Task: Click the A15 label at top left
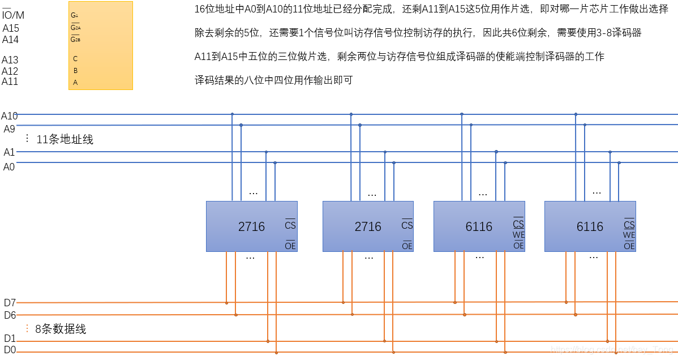click(11, 28)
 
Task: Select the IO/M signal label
click(13, 15)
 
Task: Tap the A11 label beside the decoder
click(10, 82)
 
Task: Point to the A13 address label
click(10, 60)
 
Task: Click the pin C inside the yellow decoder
click(75, 59)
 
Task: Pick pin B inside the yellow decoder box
click(75, 71)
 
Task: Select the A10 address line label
click(10, 116)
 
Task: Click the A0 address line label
click(9, 167)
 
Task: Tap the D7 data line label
click(10, 303)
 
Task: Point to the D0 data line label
click(10, 350)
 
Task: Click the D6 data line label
click(10, 315)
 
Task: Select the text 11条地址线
click(65, 139)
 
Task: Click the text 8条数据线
click(61, 329)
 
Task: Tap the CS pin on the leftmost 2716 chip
click(290, 225)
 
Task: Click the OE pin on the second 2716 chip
click(407, 246)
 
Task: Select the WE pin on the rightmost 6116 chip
click(629, 235)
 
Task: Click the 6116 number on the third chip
click(479, 227)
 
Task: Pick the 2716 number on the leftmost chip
click(251, 227)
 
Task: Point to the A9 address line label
click(10, 129)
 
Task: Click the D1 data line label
click(10, 338)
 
